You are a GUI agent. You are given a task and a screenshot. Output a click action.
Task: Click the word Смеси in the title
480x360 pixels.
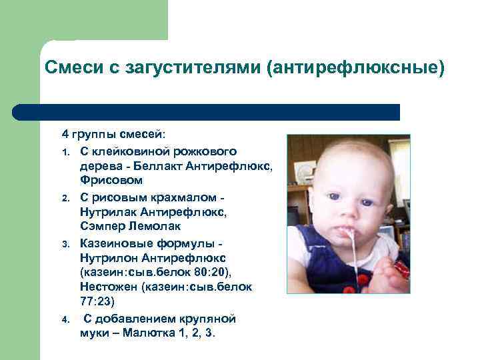[x=68, y=68]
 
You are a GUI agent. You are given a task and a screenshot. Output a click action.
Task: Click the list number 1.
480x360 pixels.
[x=66, y=153]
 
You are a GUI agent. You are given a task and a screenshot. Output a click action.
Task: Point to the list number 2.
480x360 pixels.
[x=66, y=199]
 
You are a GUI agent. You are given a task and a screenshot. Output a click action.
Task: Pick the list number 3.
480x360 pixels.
[x=66, y=245]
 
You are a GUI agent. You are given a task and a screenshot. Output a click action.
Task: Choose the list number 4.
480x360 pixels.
[x=66, y=319]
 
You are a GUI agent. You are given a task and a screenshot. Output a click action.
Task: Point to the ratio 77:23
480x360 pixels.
[x=97, y=301]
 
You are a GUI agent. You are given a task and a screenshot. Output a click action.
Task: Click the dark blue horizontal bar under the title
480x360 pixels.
[x=207, y=112]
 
